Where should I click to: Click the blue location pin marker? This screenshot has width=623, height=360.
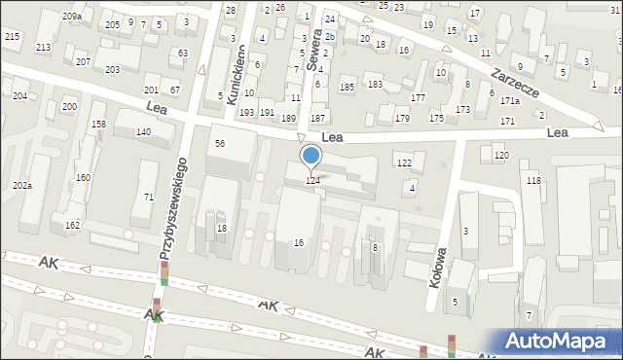click(x=311, y=155)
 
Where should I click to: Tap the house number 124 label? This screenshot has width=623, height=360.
click(x=312, y=180)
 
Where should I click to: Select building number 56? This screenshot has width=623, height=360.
click(x=220, y=143)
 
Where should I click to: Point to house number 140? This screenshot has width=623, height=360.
click(x=143, y=131)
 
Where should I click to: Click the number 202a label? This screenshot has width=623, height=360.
click(x=22, y=185)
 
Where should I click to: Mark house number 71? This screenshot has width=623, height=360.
click(x=149, y=198)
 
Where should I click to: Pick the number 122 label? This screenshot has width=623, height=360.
click(x=404, y=162)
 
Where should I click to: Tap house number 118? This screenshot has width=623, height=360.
click(x=532, y=182)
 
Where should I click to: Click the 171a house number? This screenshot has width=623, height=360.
click(x=510, y=100)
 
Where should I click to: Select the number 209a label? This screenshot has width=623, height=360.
click(x=71, y=17)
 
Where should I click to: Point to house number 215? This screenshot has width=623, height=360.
click(x=12, y=36)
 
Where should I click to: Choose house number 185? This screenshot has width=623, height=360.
click(x=347, y=88)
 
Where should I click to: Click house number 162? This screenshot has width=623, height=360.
click(x=72, y=225)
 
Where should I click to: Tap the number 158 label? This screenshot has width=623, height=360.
click(x=98, y=125)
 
